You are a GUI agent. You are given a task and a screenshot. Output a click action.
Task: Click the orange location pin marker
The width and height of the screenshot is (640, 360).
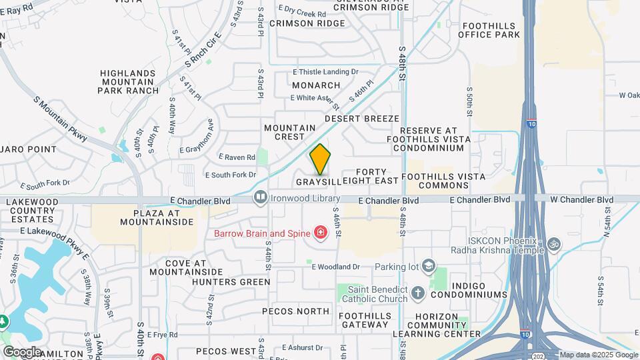(320, 159)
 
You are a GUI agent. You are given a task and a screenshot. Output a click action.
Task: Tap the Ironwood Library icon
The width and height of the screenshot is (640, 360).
(259, 197)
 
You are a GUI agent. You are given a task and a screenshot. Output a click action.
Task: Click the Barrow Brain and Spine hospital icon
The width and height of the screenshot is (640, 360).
(321, 233)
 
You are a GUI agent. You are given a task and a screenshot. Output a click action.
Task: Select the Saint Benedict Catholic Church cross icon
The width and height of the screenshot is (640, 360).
(417, 292)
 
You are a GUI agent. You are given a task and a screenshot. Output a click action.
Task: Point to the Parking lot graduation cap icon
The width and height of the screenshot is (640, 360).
(429, 267)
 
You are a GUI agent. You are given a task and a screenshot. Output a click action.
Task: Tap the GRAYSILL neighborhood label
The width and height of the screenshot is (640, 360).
(319, 181)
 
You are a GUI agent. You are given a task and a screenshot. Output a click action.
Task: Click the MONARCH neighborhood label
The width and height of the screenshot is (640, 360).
(316, 85)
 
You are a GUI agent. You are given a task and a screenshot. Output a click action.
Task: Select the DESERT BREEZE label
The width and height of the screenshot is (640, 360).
(362, 118)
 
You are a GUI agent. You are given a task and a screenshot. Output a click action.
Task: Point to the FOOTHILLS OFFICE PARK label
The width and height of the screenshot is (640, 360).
(490, 29)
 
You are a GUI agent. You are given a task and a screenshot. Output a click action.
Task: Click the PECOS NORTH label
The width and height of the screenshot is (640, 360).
(295, 311)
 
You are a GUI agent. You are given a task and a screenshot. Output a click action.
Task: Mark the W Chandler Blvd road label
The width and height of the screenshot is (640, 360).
(581, 199)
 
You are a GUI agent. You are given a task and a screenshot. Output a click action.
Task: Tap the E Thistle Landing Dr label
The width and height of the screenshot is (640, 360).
(325, 72)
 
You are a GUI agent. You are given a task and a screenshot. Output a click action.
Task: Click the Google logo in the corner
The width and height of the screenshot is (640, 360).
(22, 351)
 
